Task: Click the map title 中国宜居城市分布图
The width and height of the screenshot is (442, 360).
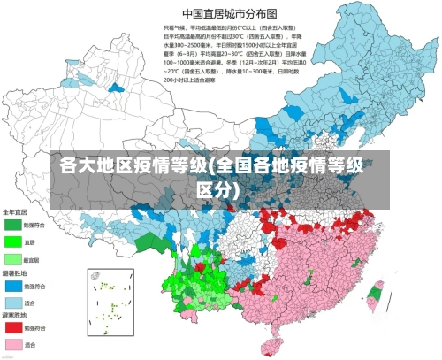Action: tap(229, 13)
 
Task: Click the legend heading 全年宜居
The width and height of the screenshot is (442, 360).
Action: tap(15, 212)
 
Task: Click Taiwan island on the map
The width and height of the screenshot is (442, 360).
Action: tap(375, 296)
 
